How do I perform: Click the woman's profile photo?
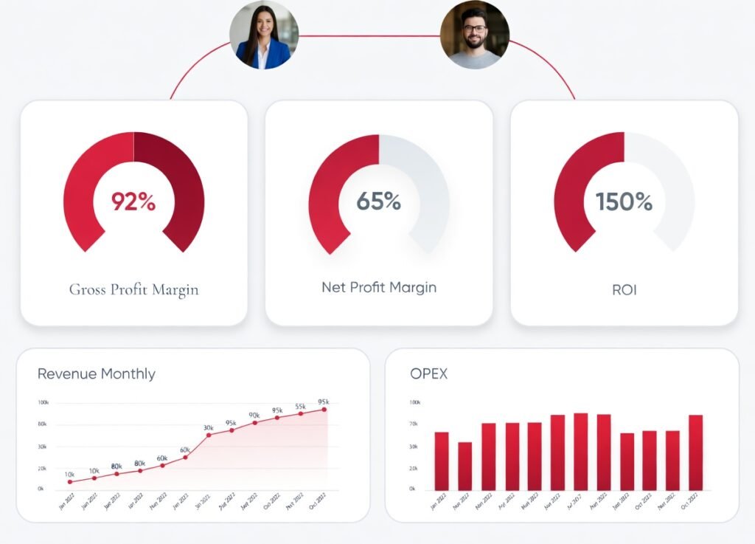tap(264, 35)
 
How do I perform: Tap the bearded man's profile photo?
tap(474, 35)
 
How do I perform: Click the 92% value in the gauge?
tap(133, 201)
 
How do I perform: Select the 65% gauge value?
tap(378, 201)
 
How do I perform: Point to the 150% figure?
tap(624, 201)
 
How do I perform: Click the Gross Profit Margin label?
tap(133, 289)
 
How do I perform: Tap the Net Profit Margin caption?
tap(378, 287)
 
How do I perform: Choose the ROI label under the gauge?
tap(624, 290)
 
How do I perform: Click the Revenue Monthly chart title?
tap(97, 373)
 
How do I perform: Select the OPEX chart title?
tap(428, 373)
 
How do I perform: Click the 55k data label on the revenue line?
tap(301, 407)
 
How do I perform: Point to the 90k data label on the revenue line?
tap(254, 416)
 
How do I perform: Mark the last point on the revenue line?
tap(324, 410)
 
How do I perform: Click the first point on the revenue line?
tap(70, 482)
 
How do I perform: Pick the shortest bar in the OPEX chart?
tap(465, 466)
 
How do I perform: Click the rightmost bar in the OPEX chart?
tap(695, 452)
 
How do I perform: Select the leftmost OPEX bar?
tap(441, 461)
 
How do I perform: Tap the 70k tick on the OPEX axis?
tap(413, 424)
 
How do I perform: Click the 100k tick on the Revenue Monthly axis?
tap(43, 402)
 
